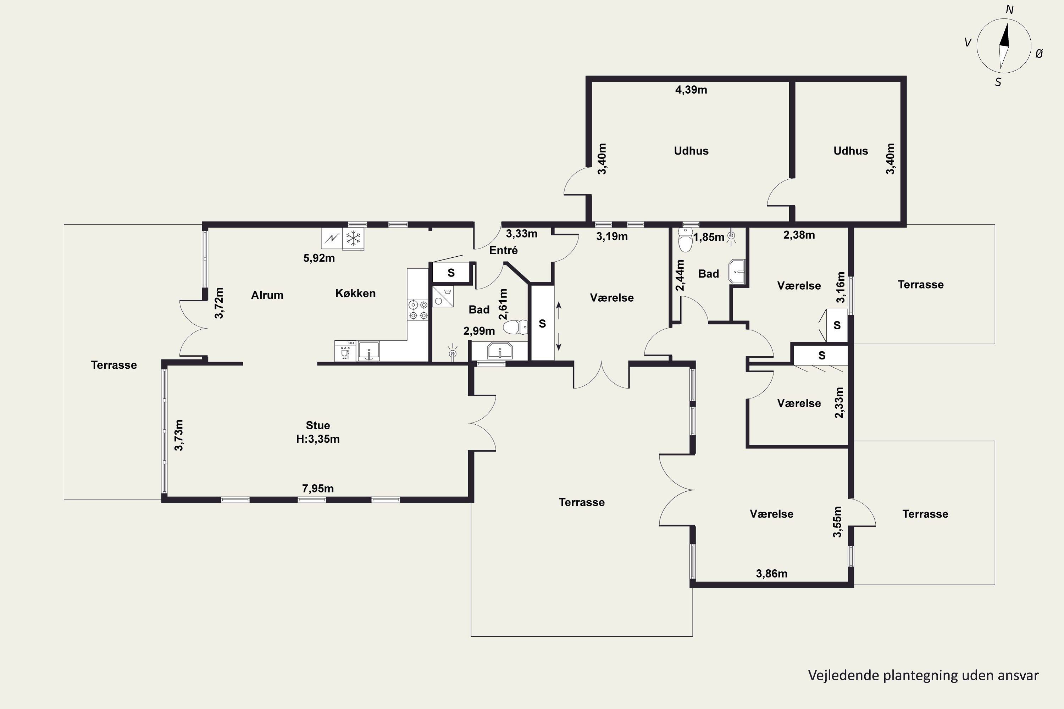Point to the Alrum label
(267, 295)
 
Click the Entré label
(504, 250)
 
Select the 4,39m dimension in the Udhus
(691, 90)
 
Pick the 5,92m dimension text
(319, 258)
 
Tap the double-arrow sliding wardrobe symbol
(559, 326)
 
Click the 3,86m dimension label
(772, 574)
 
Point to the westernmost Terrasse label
(113, 365)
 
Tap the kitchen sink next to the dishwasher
(369, 351)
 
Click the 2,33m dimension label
(839, 402)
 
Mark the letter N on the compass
(1009, 10)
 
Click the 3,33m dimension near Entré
(522, 234)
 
